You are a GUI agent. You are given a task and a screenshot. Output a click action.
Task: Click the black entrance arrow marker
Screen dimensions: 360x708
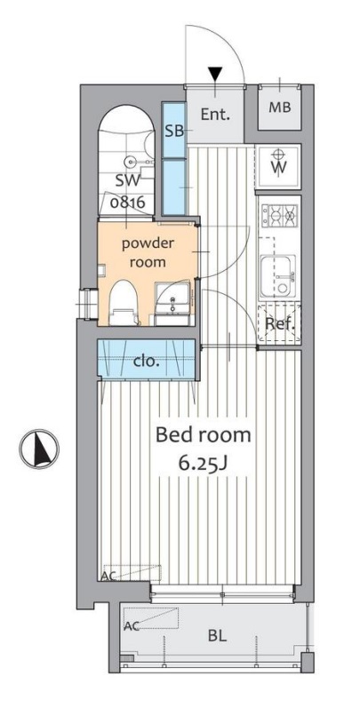point(215,74)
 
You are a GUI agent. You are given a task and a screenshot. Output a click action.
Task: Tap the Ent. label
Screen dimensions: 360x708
point(215,115)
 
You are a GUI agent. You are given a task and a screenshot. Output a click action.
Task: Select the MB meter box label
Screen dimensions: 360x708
point(280,107)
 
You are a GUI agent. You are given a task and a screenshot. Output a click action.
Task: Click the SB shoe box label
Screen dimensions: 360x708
point(174,131)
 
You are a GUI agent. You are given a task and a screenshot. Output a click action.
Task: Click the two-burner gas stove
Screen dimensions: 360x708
point(279,215)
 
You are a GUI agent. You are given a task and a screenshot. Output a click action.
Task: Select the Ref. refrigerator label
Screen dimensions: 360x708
point(280,323)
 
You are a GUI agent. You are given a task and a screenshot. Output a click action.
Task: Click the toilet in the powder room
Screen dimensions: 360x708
point(124,302)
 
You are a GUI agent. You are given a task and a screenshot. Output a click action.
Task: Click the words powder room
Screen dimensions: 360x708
point(148,252)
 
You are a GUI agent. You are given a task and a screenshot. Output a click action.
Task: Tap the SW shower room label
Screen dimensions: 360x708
point(128,181)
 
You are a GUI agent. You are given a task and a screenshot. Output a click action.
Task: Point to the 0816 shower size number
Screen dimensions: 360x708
point(128,203)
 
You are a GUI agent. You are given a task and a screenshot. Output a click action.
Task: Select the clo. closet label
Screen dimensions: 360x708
point(146,362)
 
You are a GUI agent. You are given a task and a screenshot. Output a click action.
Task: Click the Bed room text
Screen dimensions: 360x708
point(203,434)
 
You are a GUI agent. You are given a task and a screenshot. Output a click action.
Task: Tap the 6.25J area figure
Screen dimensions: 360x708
point(203,465)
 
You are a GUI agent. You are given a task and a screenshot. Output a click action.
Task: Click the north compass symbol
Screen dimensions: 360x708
point(39,449)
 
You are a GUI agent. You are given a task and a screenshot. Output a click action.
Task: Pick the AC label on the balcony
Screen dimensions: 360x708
point(132,626)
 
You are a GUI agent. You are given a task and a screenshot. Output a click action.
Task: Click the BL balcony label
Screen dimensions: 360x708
point(217,637)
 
